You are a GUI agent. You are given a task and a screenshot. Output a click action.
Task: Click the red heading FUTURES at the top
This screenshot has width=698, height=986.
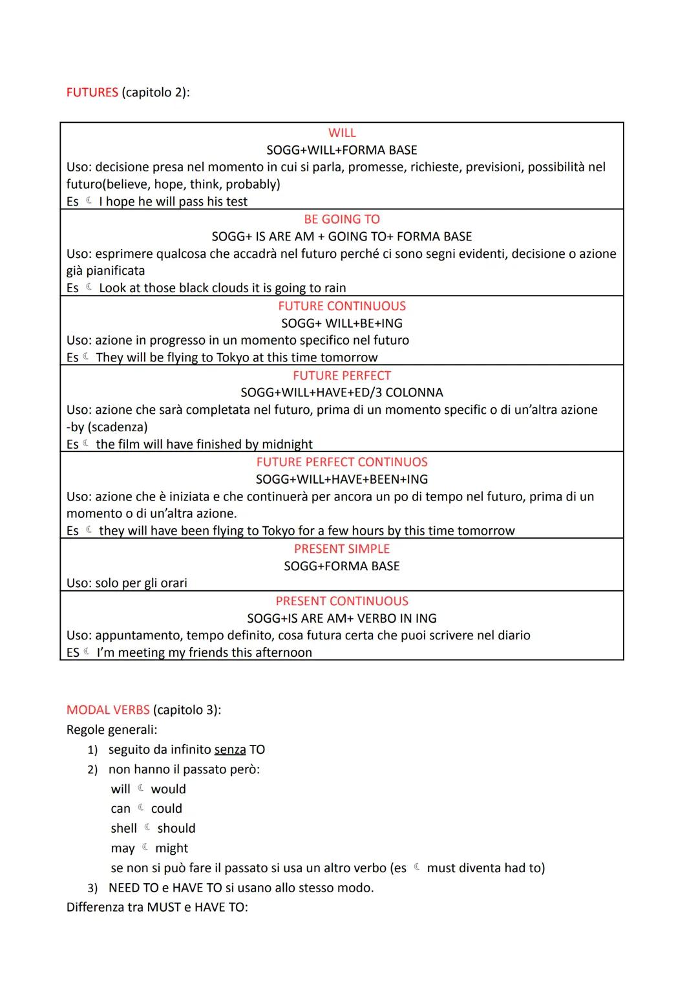point(92,92)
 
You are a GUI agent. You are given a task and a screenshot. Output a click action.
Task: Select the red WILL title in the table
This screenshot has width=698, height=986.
point(342,133)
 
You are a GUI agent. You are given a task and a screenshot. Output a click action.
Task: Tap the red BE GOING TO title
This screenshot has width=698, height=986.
point(342,219)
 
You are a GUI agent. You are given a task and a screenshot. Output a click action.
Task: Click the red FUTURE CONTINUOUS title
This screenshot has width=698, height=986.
point(342,306)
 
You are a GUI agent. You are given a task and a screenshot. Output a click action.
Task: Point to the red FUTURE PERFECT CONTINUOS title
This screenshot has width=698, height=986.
point(342,462)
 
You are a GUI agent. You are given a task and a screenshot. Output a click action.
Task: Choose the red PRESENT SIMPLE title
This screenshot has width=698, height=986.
point(342,549)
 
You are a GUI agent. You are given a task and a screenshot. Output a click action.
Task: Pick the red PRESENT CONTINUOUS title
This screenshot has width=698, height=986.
point(342,601)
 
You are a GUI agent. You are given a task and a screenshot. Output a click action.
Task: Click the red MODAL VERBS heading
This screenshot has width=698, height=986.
point(108,710)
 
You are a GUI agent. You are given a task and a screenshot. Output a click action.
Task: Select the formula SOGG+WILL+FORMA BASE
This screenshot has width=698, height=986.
point(342,150)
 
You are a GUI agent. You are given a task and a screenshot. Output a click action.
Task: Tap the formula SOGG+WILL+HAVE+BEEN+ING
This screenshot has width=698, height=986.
point(342,480)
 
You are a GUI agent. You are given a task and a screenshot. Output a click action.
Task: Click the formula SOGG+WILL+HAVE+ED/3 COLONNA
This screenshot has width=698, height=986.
point(342,392)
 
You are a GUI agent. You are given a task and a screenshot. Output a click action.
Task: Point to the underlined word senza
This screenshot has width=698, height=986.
point(230,750)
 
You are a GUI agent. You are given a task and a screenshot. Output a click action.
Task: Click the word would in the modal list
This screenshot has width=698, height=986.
point(168,789)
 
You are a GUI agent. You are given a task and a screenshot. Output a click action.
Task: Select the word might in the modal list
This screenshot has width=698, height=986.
point(171,848)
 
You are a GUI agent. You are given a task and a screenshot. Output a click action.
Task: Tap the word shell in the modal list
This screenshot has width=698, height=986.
point(123,829)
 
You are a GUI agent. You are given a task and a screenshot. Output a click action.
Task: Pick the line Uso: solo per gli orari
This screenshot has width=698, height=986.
point(127,583)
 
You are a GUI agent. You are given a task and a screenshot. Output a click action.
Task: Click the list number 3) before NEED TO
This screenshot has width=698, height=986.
point(92,888)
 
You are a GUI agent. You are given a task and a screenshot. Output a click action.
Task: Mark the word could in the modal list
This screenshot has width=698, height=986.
point(166,809)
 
